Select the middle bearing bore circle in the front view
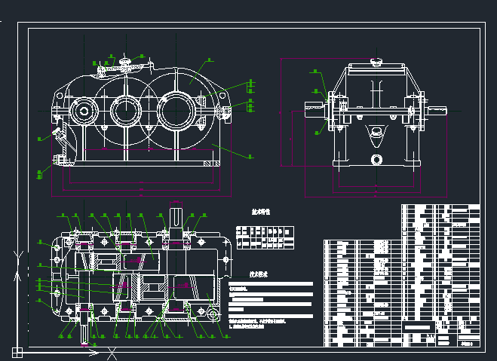coord(124,112)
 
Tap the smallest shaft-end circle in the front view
coord(82,113)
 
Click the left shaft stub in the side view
coord(311,109)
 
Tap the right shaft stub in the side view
coord(437,110)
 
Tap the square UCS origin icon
coord(17,351)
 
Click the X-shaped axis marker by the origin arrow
coord(112,352)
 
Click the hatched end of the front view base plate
coord(210,164)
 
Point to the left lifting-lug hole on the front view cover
coord(99,70)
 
